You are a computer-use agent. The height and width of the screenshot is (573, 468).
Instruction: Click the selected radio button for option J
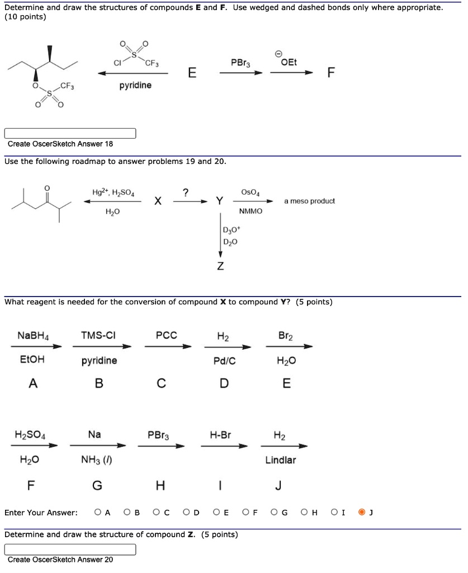(x=363, y=511)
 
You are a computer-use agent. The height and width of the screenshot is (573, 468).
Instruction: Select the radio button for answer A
(x=98, y=511)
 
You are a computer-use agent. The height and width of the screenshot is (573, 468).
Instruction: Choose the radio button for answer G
(x=275, y=511)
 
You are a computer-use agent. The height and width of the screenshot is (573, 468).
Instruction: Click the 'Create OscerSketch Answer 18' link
(x=60, y=144)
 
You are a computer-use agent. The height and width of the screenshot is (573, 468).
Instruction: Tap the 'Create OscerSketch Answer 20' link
(x=60, y=560)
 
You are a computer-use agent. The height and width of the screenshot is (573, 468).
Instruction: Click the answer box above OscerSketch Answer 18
(x=70, y=133)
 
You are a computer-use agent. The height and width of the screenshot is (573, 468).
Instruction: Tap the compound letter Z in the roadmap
(x=220, y=266)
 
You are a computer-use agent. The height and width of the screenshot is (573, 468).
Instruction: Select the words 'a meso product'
(x=309, y=201)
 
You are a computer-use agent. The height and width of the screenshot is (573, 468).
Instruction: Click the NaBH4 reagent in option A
(x=33, y=336)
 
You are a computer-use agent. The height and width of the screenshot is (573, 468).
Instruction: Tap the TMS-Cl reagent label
(x=99, y=336)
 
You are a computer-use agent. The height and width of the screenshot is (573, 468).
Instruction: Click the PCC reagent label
(x=166, y=336)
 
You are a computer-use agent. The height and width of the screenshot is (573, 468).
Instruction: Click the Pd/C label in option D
(x=224, y=361)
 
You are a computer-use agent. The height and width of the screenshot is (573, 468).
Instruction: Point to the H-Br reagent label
(x=221, y=435)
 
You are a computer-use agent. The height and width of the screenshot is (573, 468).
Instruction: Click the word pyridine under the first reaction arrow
(x=135, y=86)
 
